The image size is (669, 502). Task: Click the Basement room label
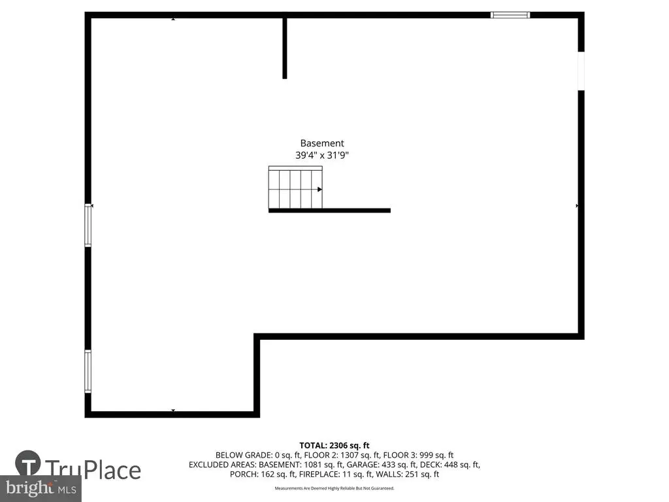tap(321, 143)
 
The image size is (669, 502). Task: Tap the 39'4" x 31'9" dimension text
tap(321, 155)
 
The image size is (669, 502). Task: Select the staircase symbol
tap(295, 188)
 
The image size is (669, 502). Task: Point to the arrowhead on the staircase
tap(319, 189)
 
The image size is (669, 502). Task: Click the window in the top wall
tap(510, 15)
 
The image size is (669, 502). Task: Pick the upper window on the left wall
tap(88, 225)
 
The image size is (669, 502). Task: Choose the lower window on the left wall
tap(88, 371)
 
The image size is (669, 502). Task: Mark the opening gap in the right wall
tap(581, 71)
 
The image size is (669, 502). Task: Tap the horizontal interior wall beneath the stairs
tap(329, 210)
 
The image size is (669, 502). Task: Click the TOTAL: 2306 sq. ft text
tap(334, 446)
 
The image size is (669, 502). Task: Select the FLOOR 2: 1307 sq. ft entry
tap(341, 455)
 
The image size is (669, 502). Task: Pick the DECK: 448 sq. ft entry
tap(450, 465)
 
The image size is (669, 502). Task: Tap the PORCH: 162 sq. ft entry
tap(263, 474)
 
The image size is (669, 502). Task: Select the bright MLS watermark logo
tap(41, 488)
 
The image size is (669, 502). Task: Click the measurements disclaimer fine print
tap(334, 488)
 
